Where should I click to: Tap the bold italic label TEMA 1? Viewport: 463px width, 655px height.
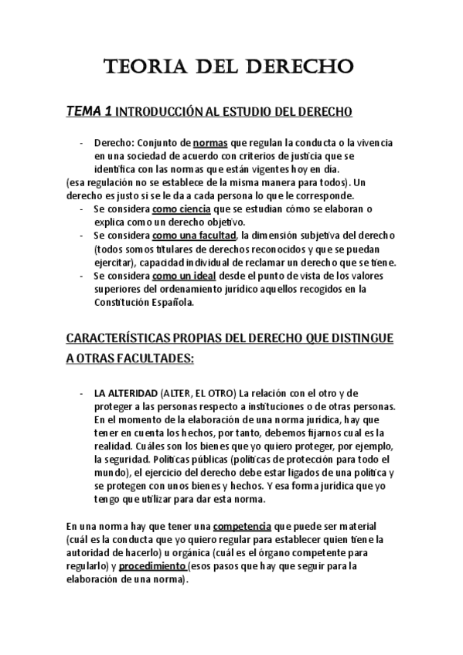(x=90, y=112)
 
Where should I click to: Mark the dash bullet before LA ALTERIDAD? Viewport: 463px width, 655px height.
(x=82, y=394)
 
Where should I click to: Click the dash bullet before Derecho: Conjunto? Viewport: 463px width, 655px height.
(x=82, y=144)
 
